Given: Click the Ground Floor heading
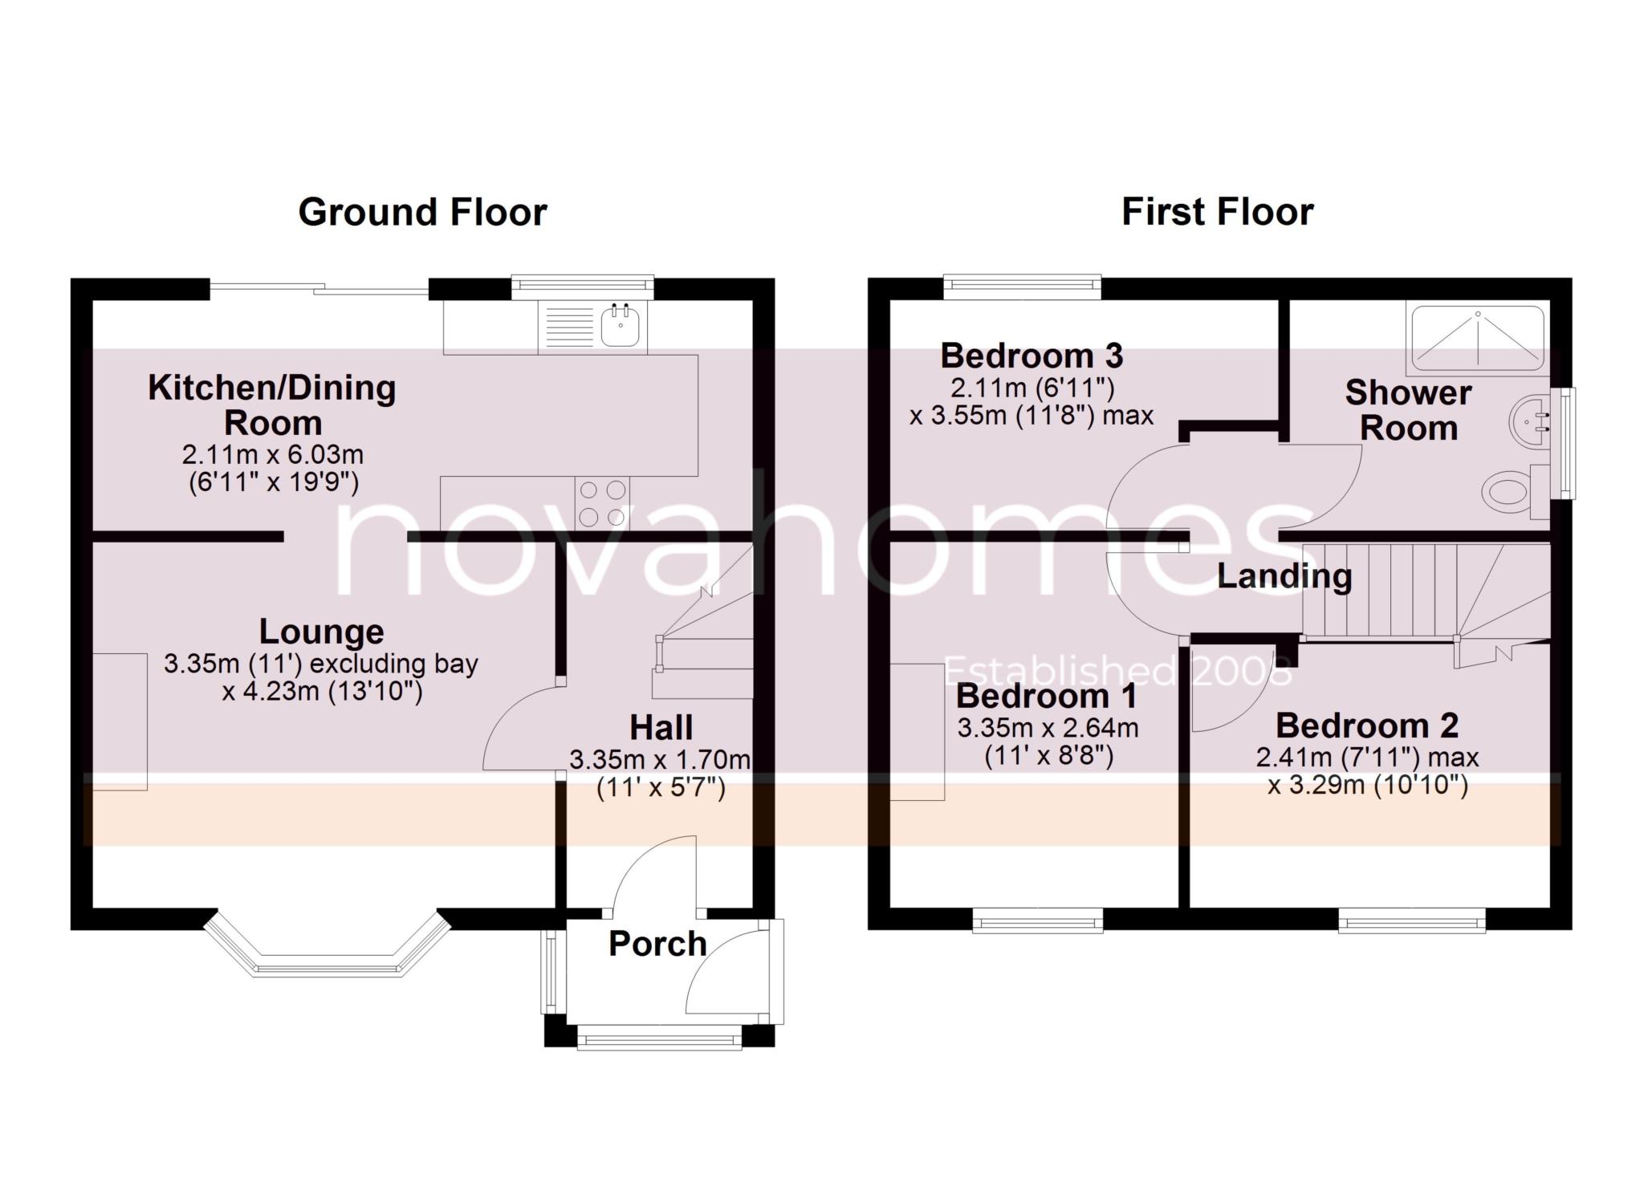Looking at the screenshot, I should pos(422,213).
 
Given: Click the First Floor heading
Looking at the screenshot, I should pos(1217,213).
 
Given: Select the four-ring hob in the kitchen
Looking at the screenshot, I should pos(602,502).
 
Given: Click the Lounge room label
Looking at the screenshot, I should pos(321,632).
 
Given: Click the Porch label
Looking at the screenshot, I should pos(657,944).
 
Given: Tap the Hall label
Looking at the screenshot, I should pos(661,728).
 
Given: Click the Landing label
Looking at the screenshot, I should pos(1284,576).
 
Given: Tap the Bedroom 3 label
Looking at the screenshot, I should pos(1032,356).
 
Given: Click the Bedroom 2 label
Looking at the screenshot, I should pos(1366,726).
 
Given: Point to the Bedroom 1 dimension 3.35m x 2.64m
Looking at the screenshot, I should pos(1048,728).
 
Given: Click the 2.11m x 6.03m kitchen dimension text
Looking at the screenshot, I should pos(273,455).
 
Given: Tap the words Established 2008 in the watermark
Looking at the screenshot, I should pos(1117,671).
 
